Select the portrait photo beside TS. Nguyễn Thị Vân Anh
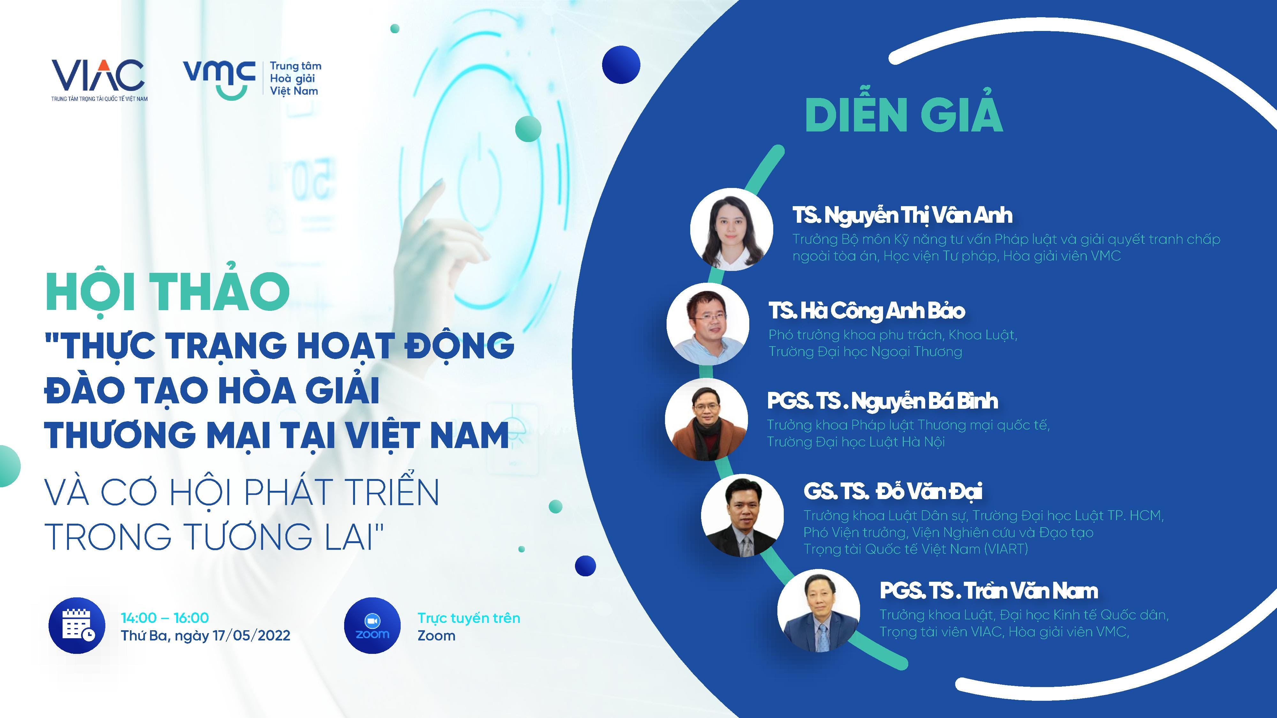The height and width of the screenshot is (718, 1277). (731, 229)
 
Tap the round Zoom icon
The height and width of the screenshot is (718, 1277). (372, 625)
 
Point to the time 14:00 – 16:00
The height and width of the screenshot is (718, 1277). (165, 617)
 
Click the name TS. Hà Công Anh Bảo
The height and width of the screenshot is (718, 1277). (866, 311)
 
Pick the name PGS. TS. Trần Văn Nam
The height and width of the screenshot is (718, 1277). (988, 591)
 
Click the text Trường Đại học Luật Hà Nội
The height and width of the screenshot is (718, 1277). (856, 442)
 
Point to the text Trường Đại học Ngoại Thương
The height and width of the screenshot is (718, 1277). (865, 352)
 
